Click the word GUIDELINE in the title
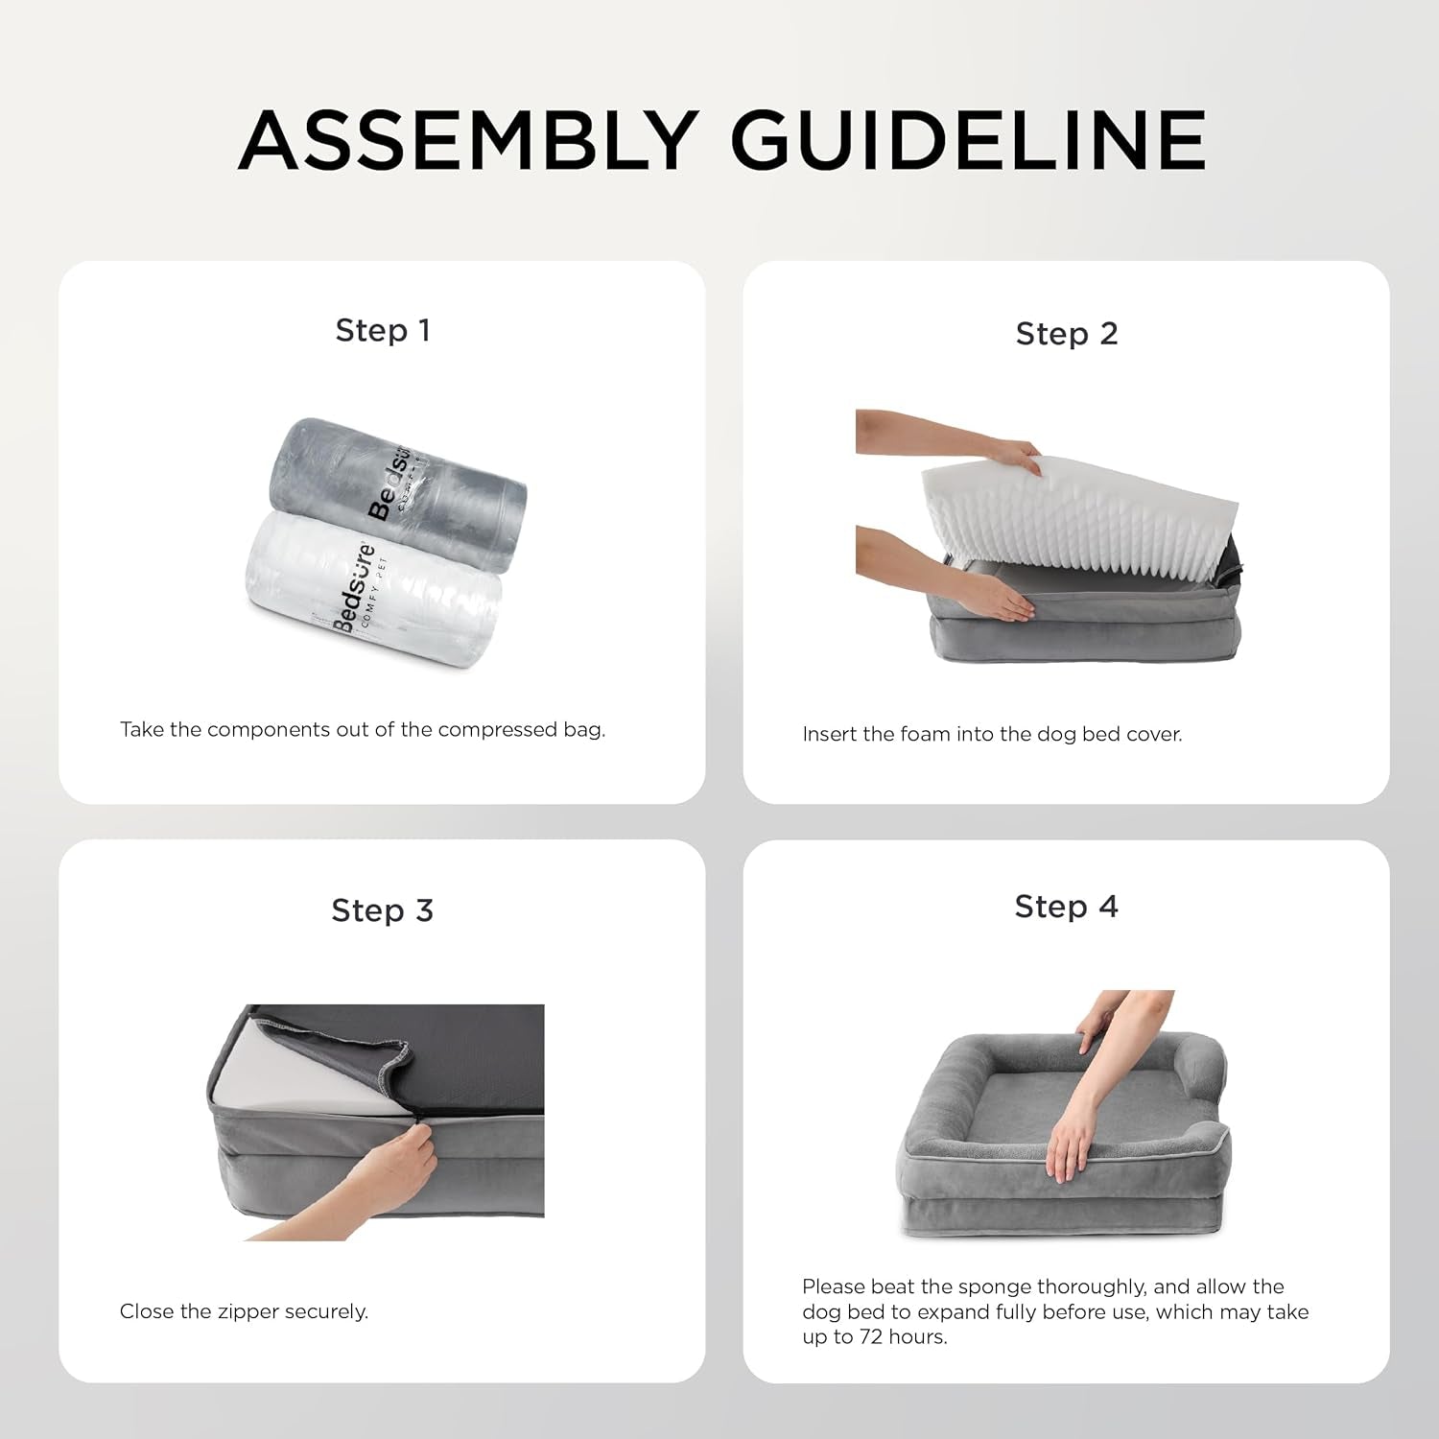click(969, 140)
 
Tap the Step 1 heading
click(383, 331)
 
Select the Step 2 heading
click(1067, 334)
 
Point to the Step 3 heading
click(383, 910)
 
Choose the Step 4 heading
click(1067, 907)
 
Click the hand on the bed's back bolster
click(1094, 1041)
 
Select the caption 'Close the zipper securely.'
click(244, 1311)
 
